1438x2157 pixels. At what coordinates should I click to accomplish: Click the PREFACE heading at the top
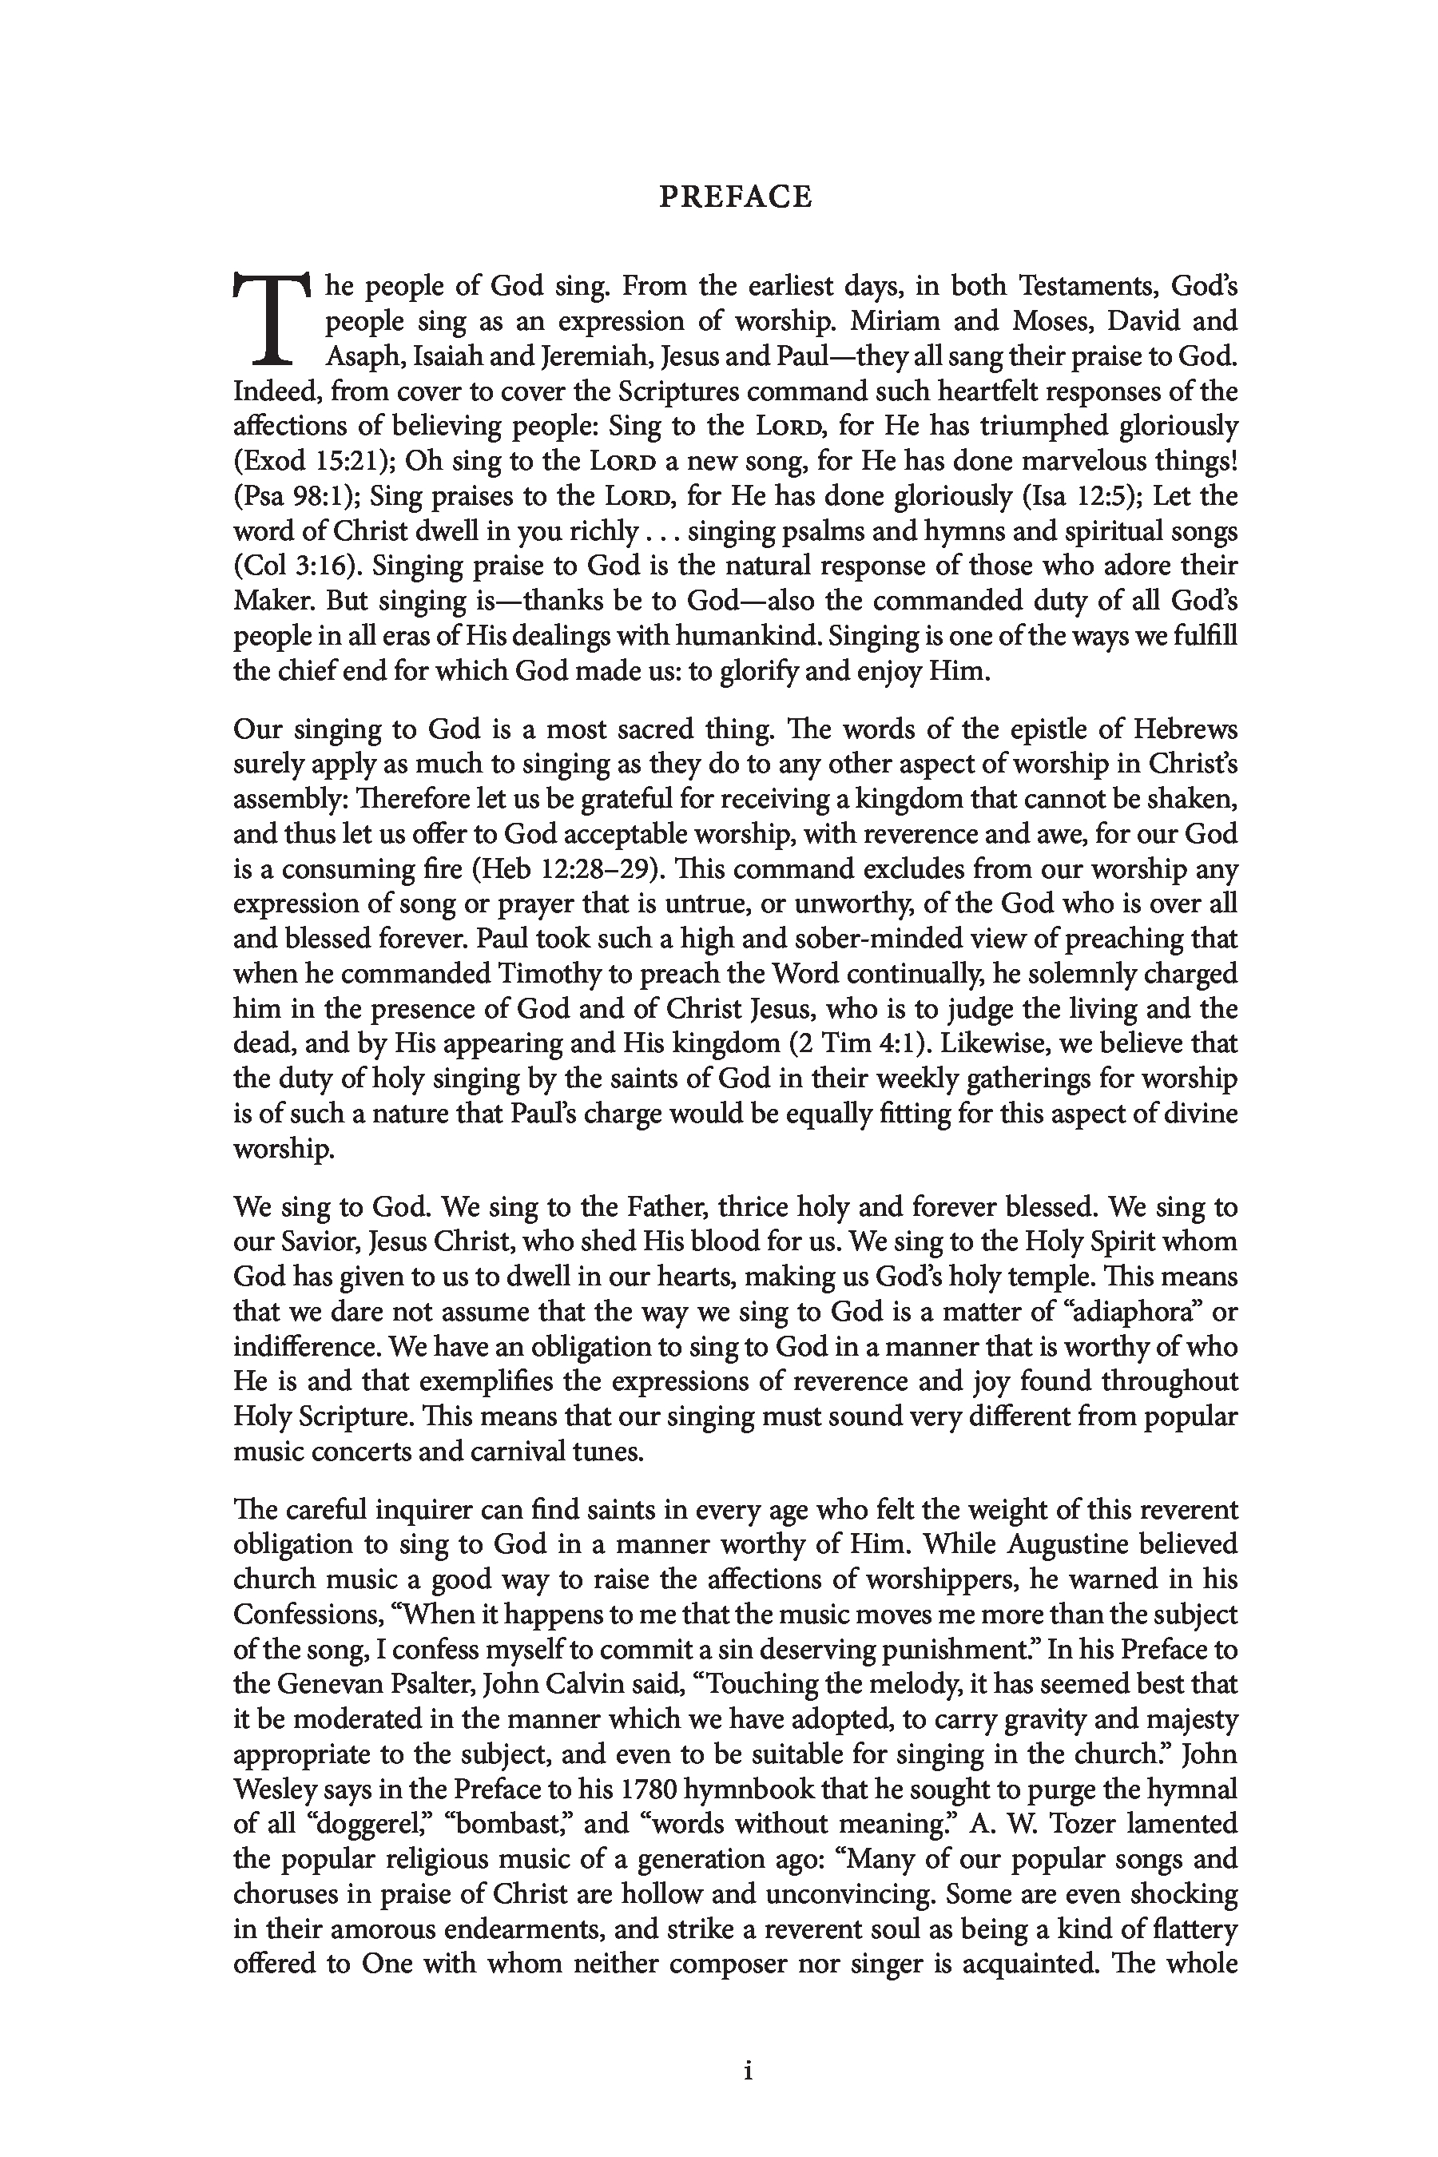click(736, 197)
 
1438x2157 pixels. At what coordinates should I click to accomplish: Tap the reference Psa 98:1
click(289, 496)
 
